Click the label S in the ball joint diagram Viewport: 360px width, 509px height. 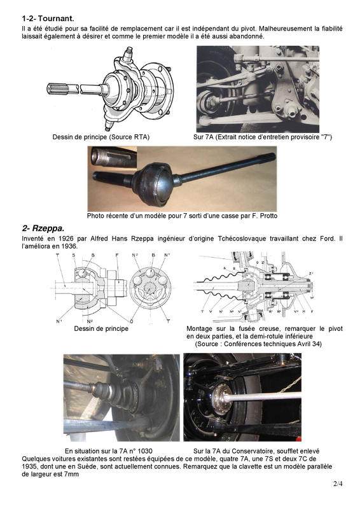tap(74, 256)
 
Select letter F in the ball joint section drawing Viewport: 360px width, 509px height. tap(117, 256)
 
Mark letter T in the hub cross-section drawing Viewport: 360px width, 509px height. tap(202, 312)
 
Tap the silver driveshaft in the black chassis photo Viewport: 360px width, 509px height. tap(267, 395)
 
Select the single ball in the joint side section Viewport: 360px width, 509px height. tap(83, 272)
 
